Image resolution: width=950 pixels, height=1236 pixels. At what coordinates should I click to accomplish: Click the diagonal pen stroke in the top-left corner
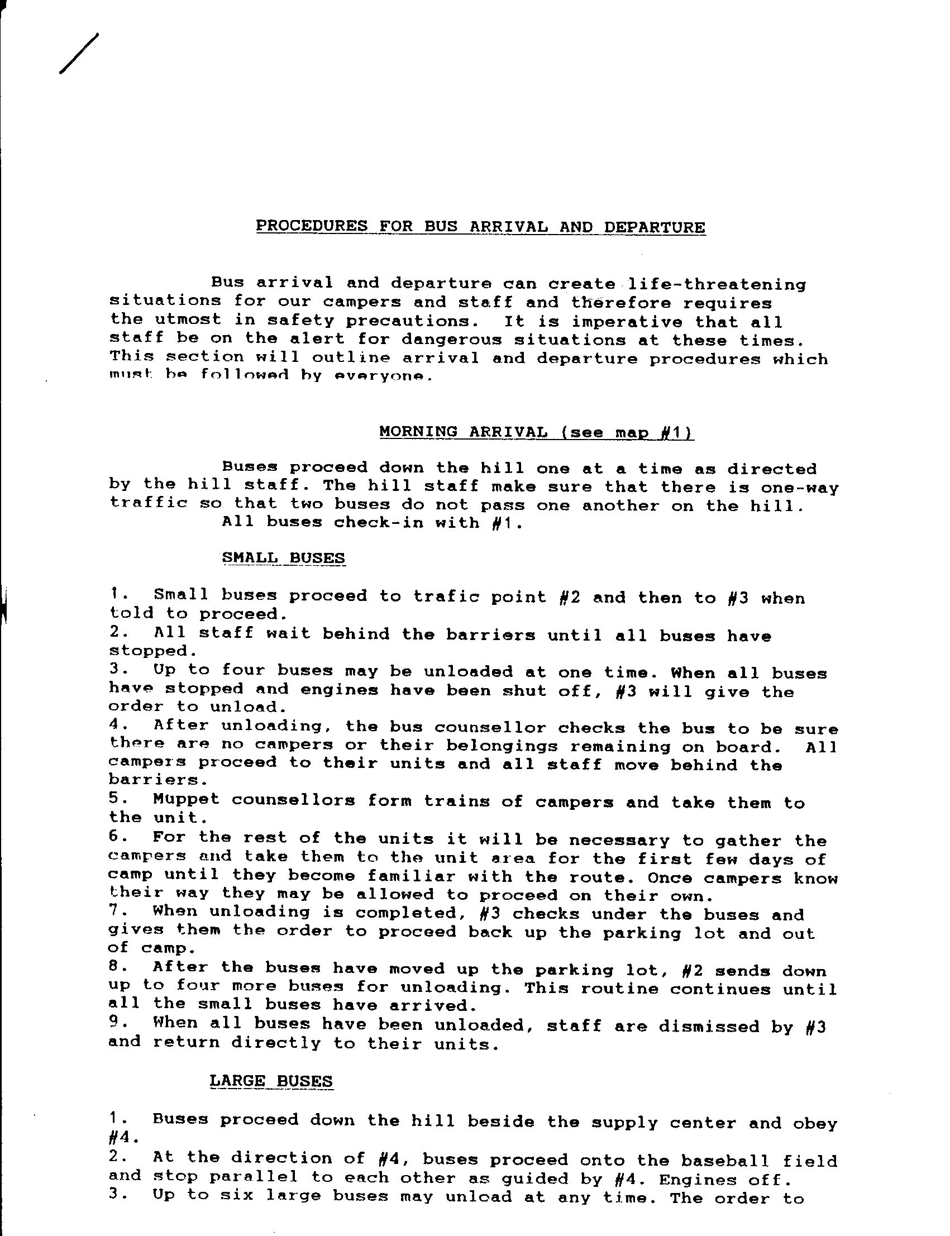(x=79, y=54)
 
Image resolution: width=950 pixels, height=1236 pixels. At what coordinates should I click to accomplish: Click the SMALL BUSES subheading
(x=283, y=558)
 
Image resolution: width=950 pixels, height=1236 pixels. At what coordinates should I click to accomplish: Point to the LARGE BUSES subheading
(x=271, y=1081)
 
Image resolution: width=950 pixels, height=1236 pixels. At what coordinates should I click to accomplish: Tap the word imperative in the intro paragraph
(x=627, y=322)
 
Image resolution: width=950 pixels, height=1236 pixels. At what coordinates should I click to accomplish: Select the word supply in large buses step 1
(x=619, y=1123)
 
